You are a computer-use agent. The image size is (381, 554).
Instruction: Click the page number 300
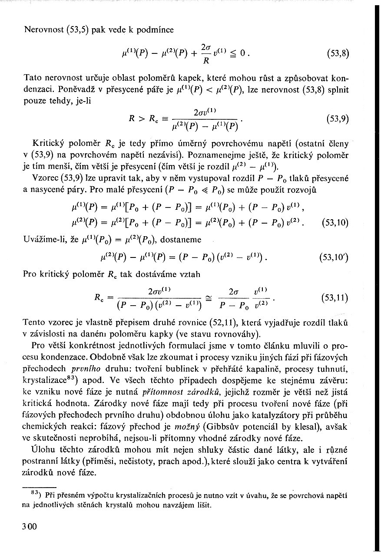click(x=30, y=527)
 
